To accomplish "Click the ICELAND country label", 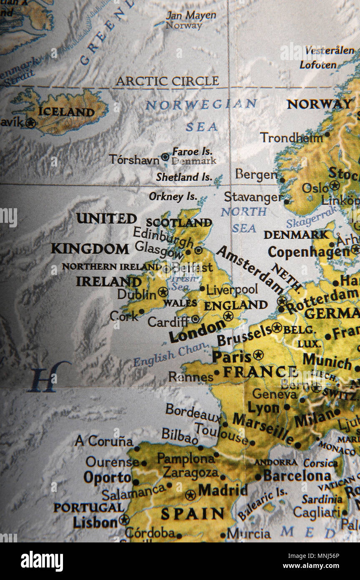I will click(66, 112).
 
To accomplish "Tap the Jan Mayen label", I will click(191, 16).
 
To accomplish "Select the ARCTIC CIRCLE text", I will click(167, 81).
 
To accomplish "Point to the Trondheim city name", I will click(292, 137).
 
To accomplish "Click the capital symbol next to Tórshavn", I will click(165, 157).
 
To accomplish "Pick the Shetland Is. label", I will click(184, 177).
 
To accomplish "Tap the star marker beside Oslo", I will click(334, 185).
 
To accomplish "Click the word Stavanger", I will click(253, 197).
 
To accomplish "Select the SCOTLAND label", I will click(179, 222).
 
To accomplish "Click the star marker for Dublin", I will click(163, 292).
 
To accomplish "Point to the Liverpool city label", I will click(232, 289).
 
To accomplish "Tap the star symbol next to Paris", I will click(259, 355).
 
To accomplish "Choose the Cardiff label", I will click(168, 322).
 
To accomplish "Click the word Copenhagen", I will click(309, 252).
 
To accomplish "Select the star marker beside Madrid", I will click(191, 495).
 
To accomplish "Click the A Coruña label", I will click(104, 441).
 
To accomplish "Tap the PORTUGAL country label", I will click(88, 508).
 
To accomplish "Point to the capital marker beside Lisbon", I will click(123, 520).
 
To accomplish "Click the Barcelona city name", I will click(297, 476).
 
